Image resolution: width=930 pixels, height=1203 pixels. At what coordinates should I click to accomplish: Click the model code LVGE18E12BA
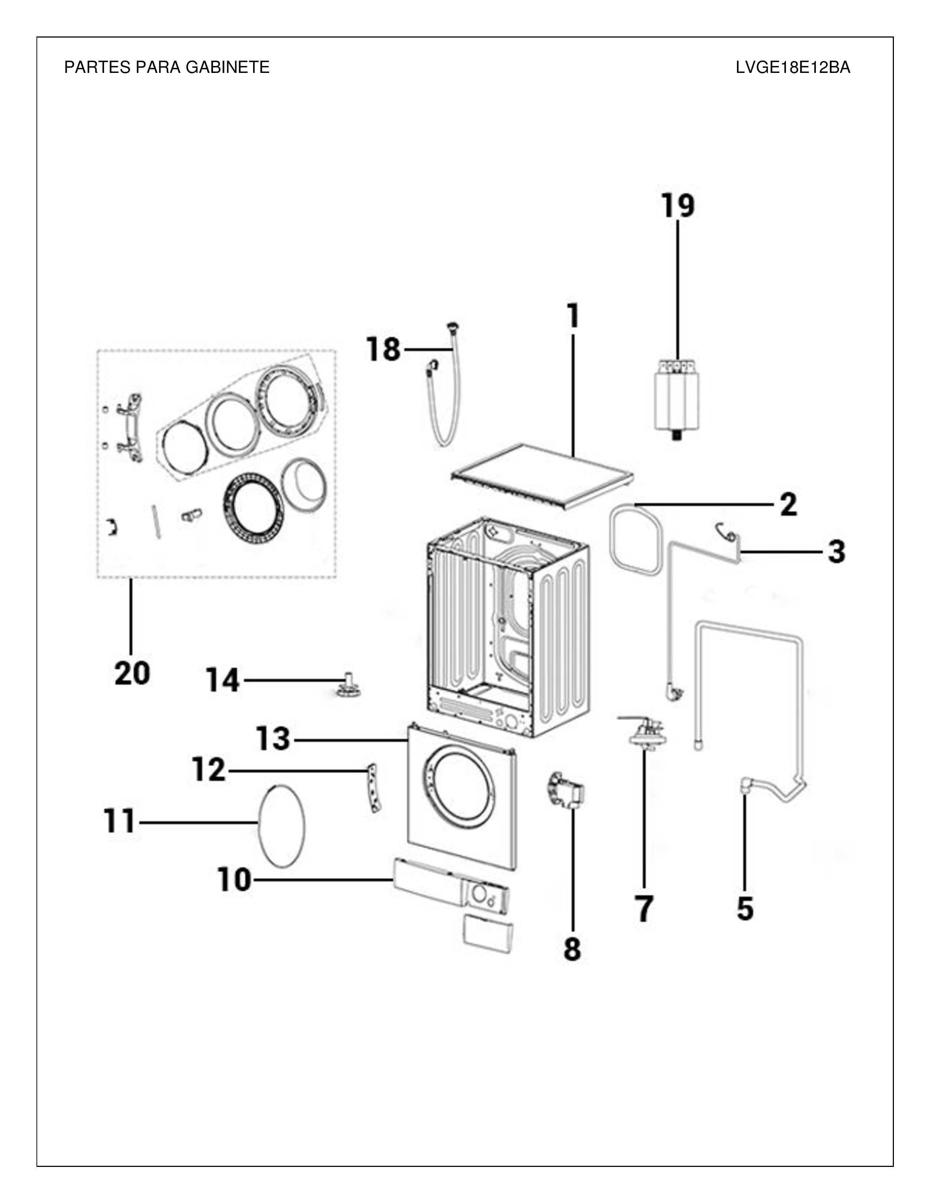(793, 67)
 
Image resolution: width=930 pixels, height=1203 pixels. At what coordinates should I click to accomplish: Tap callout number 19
(678, 206)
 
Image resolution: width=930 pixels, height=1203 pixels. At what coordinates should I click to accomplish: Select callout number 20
(132, 673)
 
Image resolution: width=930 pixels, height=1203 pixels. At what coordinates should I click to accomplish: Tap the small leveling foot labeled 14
(347, 685)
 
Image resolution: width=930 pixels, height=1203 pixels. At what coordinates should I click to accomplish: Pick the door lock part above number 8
(565, 790)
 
